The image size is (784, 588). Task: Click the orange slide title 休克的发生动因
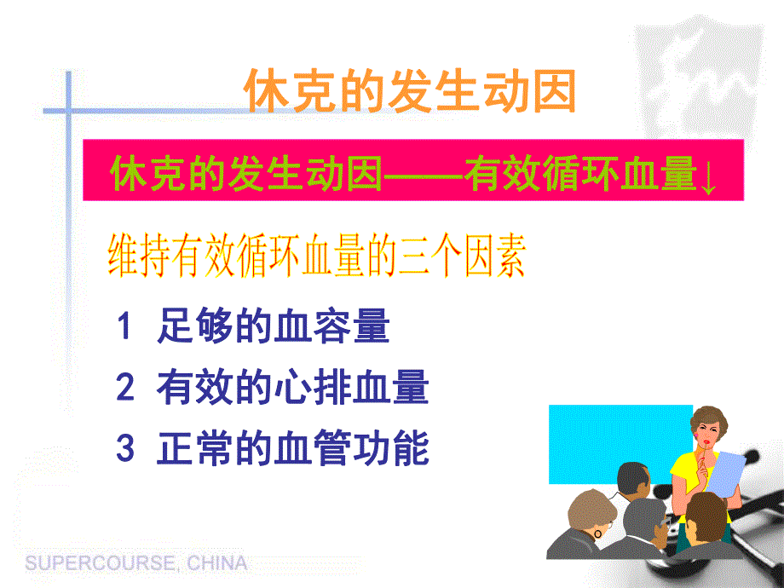point(410,91)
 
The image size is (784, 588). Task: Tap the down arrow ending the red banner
point(708,177)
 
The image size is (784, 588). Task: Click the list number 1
point(125,327)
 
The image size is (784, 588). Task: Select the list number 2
point(125,389)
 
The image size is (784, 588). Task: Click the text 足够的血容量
point(273,328)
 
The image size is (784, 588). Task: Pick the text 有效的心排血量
point(292,389)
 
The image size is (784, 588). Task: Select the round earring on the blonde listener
point(597,533)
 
